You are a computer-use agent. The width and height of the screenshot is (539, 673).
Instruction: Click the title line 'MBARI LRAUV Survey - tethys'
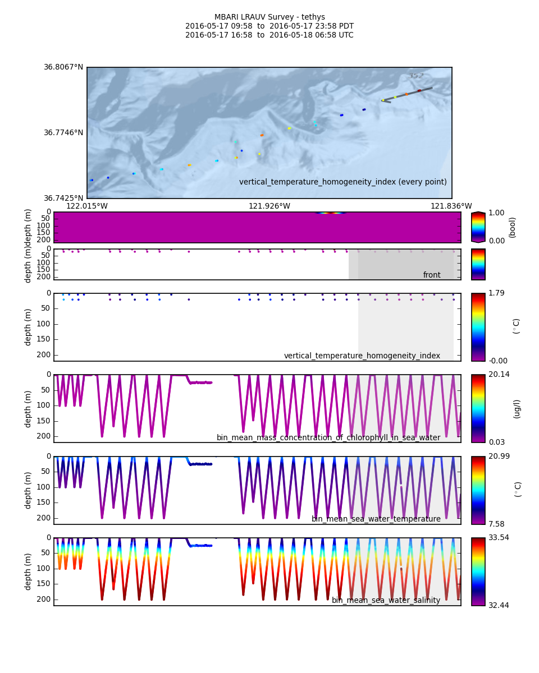click(x=269, y=17)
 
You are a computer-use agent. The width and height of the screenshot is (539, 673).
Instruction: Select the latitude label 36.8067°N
click(x=63, y=67)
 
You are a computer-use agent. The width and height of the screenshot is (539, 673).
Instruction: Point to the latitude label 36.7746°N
click(x=63, y=133)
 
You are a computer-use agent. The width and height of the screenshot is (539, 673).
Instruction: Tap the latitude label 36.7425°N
click(x=63, y=199)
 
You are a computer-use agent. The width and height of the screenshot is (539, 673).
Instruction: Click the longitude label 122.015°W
click(x=87, y=206)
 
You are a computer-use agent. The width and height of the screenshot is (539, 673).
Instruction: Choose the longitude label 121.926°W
click(x=269, y=206)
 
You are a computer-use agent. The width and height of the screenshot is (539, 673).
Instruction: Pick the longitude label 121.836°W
click(x=451, y=206)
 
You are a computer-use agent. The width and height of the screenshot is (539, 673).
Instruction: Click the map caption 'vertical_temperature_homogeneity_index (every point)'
click(x=343, y=182)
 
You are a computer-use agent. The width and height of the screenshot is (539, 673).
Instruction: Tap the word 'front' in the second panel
click(x=432, y=275)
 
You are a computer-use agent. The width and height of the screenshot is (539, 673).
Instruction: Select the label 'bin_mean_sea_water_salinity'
click(x=386, y=601)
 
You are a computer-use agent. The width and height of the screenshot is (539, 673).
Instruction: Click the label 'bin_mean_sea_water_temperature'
click(x=376, y=519)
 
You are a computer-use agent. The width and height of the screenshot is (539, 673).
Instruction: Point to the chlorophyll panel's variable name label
click(x=328, y=438)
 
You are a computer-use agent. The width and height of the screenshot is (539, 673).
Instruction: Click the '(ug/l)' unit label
click(x=517, y=409)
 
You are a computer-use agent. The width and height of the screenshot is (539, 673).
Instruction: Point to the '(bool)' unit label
click(x=512, y=227)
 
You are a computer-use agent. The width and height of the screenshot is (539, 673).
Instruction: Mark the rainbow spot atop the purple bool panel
click(x=331, y=213)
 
